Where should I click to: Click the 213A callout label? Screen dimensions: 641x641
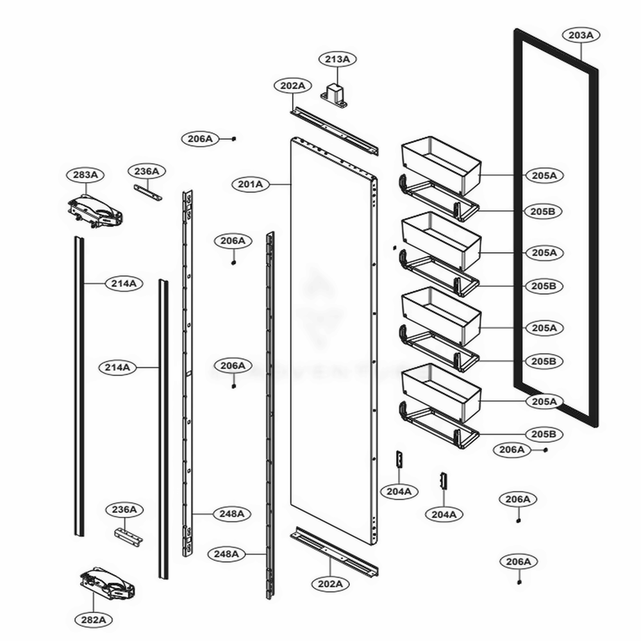[337, 60]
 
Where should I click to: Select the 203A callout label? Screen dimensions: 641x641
[580, 35]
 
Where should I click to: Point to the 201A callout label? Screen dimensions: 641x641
[251, 185]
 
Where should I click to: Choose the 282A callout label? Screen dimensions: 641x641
[93, 620]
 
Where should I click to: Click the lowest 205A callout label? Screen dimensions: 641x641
[544, 401]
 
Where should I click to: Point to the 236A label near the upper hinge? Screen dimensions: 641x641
[147, 171]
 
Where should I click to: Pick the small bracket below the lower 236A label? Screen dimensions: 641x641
[128, 536]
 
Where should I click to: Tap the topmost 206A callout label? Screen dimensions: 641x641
[200, 138]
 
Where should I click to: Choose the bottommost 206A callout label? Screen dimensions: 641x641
[519, 562]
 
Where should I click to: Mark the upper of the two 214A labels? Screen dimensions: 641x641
[124, 283]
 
